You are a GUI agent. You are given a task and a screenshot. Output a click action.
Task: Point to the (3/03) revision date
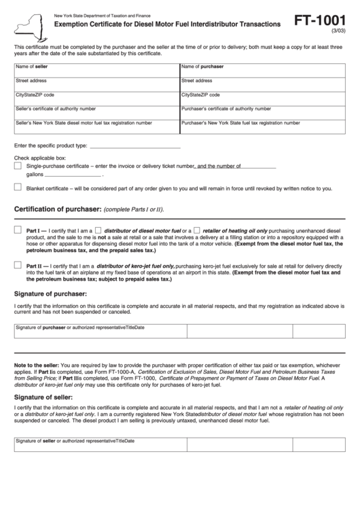pyautogui.click(x=336, y=32)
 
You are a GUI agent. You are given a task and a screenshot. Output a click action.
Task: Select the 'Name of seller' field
pyautogui.click(x=96, y=70)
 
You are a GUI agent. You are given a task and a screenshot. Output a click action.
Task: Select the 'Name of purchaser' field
pyautogui.click(x=262, y=70)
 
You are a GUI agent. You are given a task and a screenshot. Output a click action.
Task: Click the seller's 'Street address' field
pyautogui.click(x=96, y=84)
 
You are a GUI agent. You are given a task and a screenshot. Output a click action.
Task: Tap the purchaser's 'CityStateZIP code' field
pyautogui.click(x=262, y=98)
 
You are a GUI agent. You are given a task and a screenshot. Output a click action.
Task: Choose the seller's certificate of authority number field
pyautogui.click(x=96, y=112)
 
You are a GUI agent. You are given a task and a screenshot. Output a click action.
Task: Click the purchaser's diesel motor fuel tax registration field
pyautogui.click(x=262, y=126)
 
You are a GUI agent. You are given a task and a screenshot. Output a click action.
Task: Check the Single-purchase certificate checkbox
pyautogui.click(x=18, y=166)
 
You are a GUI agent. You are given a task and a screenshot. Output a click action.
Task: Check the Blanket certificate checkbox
pyautogui.click(x=18, y=188)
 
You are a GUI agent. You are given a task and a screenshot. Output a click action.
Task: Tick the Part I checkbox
pyautogui.click(x=18, y=230)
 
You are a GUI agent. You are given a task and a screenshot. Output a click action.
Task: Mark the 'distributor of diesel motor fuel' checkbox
pyautogui.click(x=98, y=230)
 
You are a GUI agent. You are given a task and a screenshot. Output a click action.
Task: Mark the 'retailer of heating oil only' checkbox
pyautogui.click(x=197, y=230)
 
